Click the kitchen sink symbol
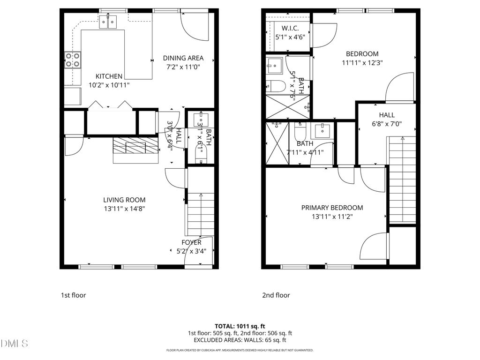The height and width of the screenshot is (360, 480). [109, 22]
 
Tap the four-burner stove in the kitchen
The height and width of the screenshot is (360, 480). [72, 60]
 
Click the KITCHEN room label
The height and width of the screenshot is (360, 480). [109, 76]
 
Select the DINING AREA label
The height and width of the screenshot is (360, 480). [183, 58]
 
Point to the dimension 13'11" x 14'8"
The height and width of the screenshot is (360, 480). [124, 209]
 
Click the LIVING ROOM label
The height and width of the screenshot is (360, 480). [124, 200]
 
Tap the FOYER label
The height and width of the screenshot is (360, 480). [191, 242]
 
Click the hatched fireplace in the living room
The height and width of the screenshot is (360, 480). [135, 146]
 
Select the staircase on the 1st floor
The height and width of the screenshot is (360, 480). [201, 214]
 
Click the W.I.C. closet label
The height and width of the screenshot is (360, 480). [288, 28]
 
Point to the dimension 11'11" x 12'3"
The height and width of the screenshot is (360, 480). [362, 63]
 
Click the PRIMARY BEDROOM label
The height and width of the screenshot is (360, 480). [332, 208]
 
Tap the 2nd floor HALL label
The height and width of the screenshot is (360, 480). [387, 115]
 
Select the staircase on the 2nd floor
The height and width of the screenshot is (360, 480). [402, 178]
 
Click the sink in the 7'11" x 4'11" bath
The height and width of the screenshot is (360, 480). [322, 130]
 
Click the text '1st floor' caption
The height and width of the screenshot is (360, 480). [73, 295]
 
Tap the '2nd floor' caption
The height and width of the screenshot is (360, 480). [276, 295]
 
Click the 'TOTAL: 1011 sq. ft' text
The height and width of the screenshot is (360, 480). [240, 326]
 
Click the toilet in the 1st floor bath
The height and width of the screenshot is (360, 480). [201, 155]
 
